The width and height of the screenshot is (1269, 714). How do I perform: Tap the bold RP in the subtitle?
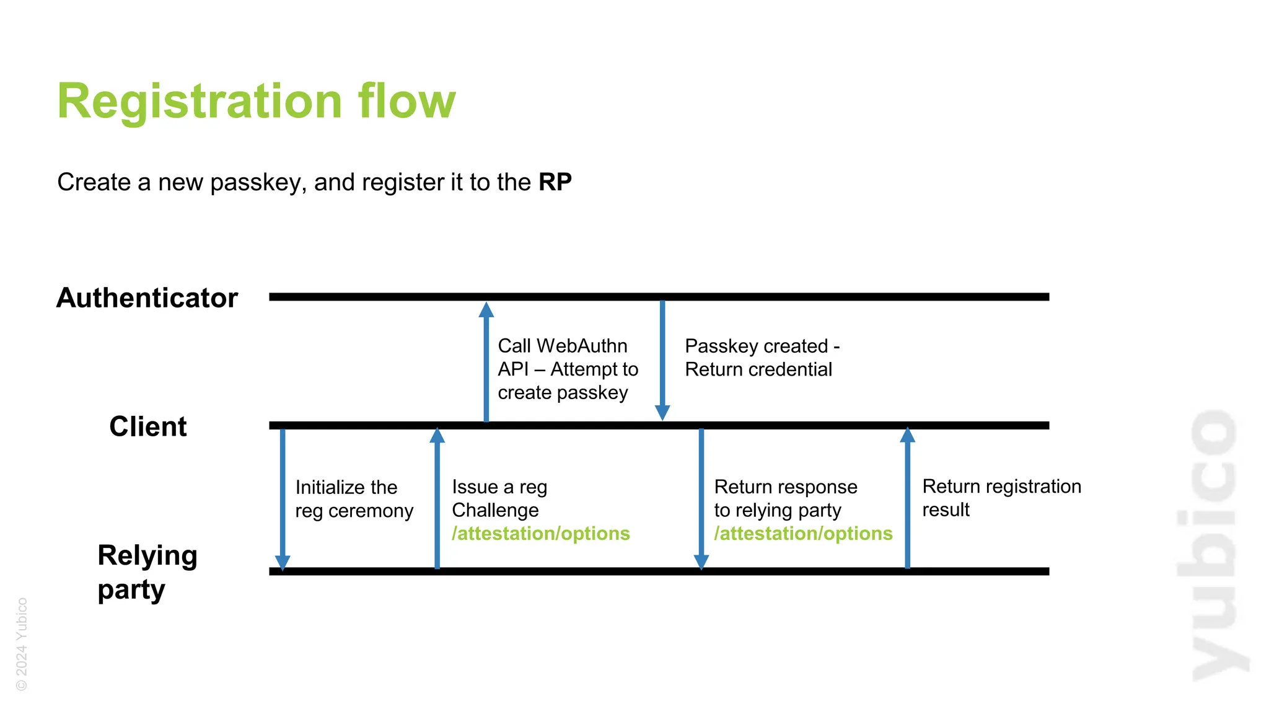point(555,182)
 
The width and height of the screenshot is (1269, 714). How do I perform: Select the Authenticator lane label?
point(147,297)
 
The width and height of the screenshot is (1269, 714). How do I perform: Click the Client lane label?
point(147,426)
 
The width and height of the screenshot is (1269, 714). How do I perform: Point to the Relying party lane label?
point(147,571)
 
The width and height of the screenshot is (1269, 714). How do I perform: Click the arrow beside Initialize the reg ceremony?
point(283,498)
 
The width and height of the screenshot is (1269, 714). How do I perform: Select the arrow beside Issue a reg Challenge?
point(437,498)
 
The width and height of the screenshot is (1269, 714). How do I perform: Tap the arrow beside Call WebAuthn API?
point(486,363)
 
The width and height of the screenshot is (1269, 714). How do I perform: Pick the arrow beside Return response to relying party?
point(701,498)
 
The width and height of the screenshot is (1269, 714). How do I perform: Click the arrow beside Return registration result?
point(908,498)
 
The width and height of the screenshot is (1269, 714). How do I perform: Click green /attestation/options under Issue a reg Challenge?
point(540,534)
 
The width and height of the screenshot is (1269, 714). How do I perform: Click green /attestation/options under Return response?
point(803,534)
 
